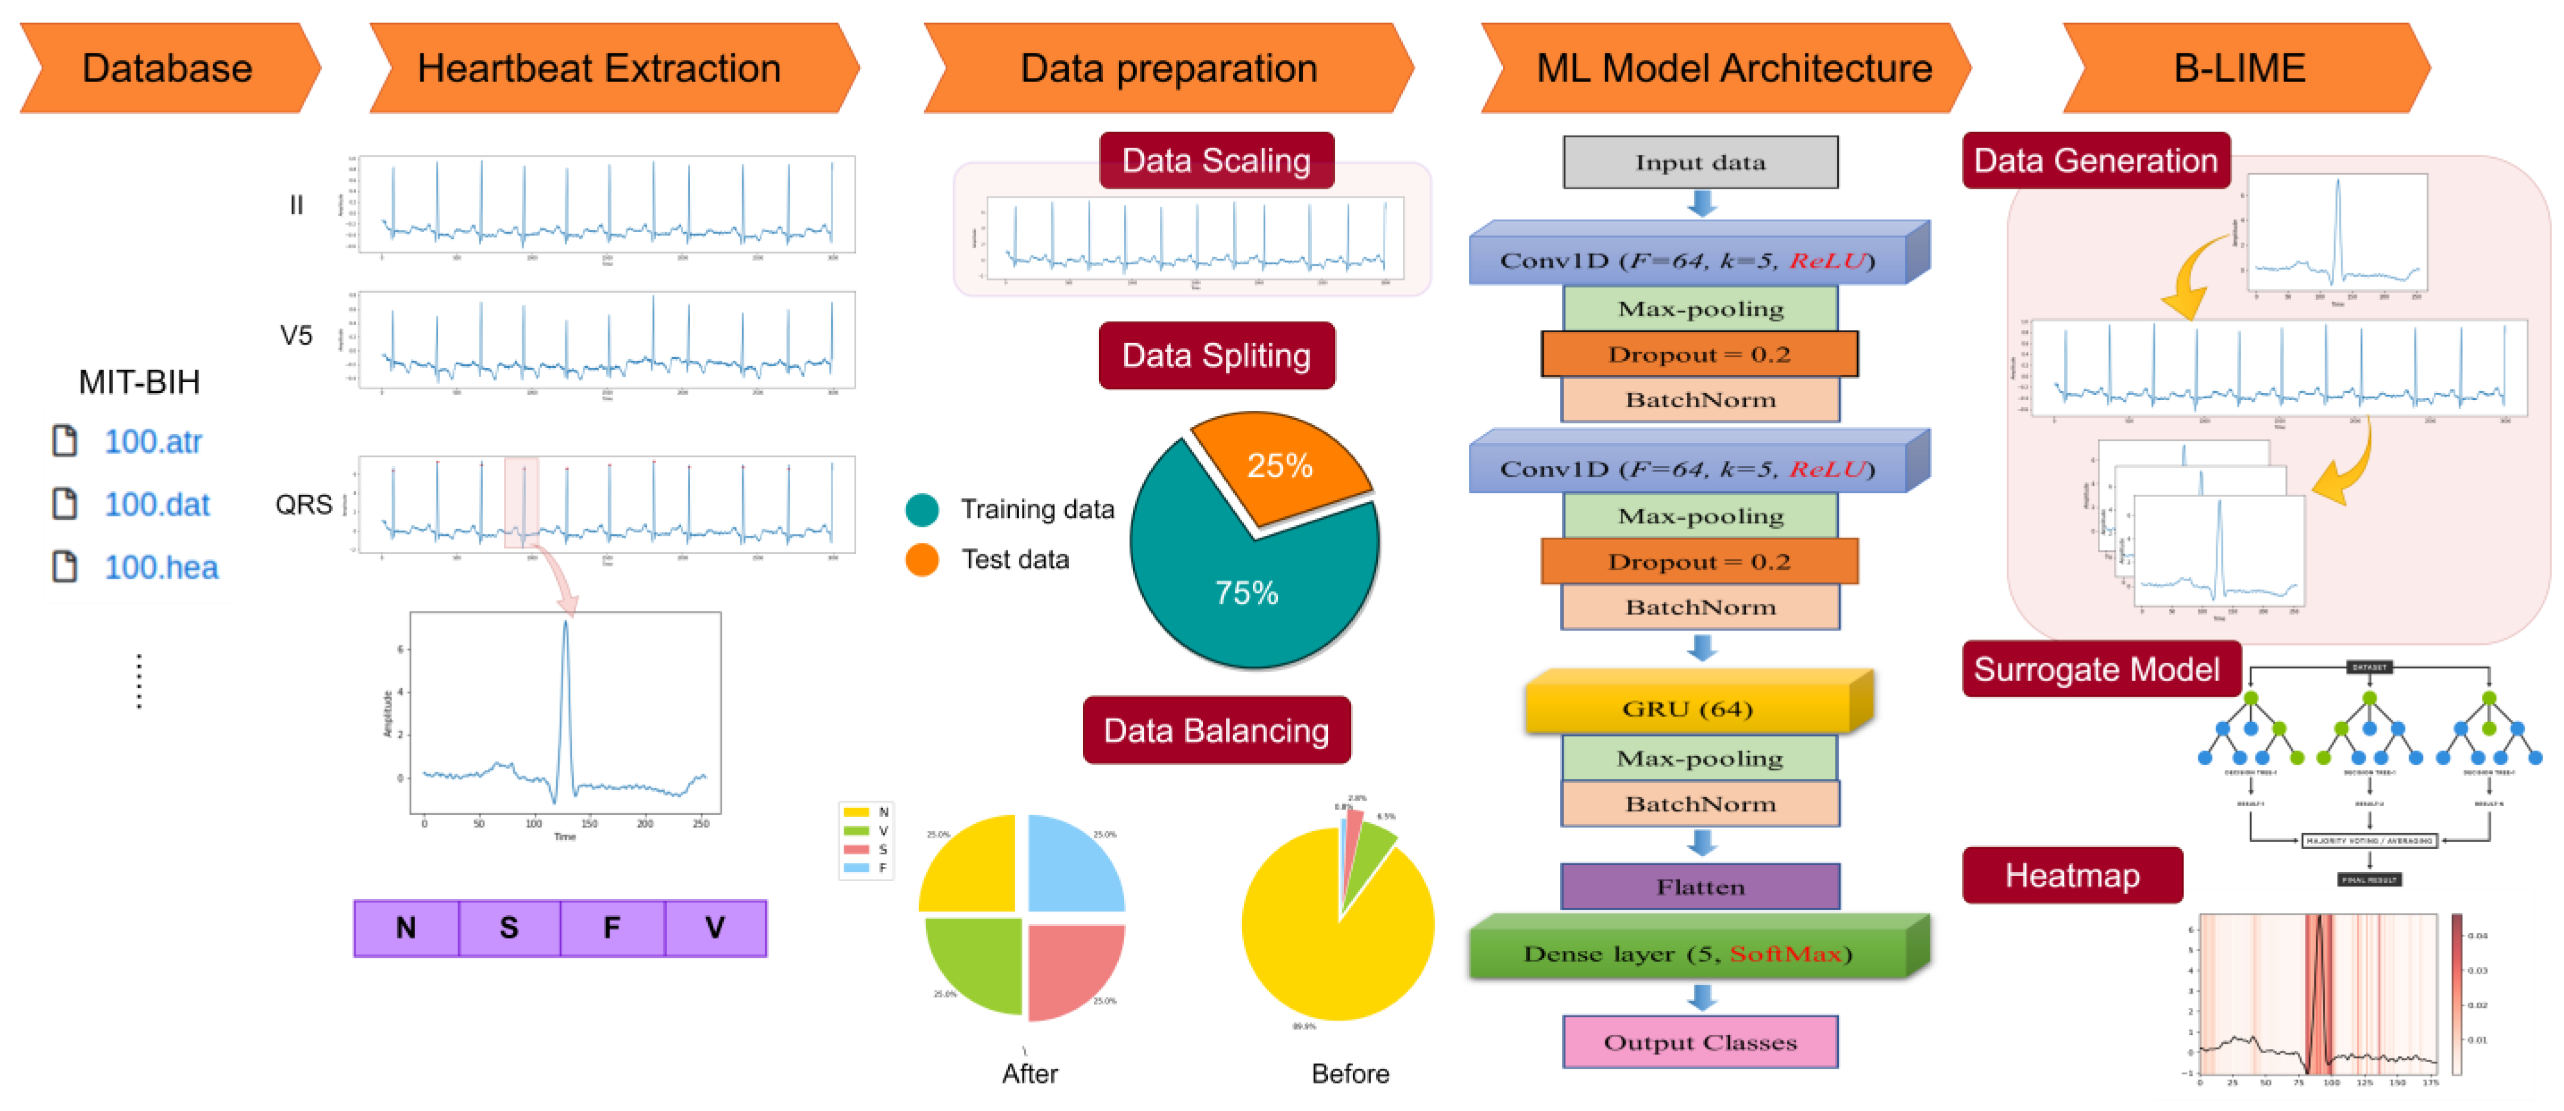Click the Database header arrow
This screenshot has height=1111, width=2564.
[167, 68]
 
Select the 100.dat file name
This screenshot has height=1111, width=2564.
[157, 505]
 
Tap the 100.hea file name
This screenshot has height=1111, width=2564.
[161, 567]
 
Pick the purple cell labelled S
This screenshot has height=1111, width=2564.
[509, 928]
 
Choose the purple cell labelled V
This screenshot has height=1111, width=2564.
[715, 928]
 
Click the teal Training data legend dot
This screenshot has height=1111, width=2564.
[922, 510]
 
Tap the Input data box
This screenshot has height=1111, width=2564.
[1700, 163]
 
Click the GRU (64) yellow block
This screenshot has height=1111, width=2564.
[1687, 708]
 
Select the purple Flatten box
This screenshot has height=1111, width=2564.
[1700, 886]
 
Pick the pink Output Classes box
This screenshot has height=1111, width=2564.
[1700, 1043]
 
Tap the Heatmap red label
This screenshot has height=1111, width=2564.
[2072, 875]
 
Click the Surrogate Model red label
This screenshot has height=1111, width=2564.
[2097, 669]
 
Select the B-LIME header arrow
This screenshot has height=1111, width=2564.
[2239, 68]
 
